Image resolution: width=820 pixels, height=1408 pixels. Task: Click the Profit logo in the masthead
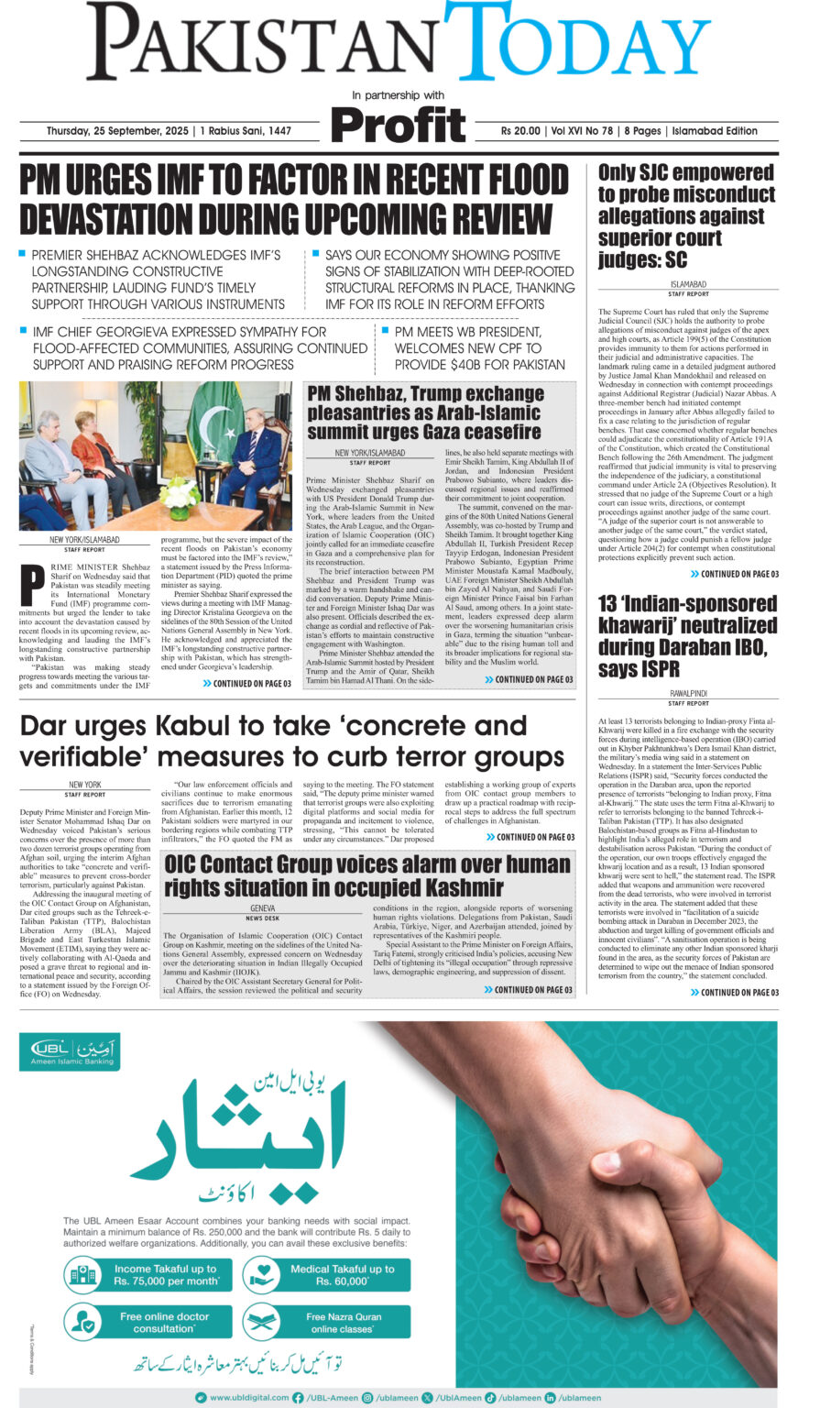pos(399,126)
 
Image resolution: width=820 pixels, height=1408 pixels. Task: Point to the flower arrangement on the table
pos(180,495)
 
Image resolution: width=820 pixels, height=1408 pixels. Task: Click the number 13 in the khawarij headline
pos(614,604)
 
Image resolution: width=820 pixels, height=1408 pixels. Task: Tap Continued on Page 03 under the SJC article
pos(734,574)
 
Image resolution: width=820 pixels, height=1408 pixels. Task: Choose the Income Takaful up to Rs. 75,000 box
pos(146,1274)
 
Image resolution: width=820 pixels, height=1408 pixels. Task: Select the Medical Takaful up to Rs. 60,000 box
pos(325,1274)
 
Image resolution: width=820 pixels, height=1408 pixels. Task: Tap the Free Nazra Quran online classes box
pos(325,1323)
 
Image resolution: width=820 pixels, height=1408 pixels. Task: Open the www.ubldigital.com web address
pos(241,1397)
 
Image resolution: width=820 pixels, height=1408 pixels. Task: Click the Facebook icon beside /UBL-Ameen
pos(298,1397)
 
